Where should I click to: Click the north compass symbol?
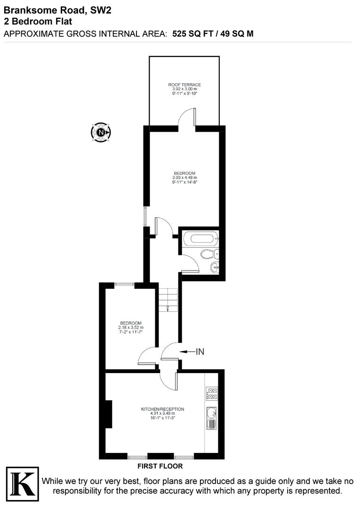pyautogui.click(x=101, y=133)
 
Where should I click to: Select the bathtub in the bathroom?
pyautogui.click(x=200, y=239)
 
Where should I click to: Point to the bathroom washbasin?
pyautogui.click(x=214, y=268)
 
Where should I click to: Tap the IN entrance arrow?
pyautogui.click(x=192, y=351)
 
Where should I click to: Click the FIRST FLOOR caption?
pyautogui.click(x=160, y=467)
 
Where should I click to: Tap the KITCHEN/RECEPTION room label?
pyautogui.click(x=163, y=409)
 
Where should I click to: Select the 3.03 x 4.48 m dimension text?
pyautogui.click(x=184, y=177)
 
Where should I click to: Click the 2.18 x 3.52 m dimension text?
pyautogui.click(x=131, y=327)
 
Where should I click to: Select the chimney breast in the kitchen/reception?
pyautogui.click(x=108, y=414)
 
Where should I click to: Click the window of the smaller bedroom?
pyautogui.click(x=125, y=284)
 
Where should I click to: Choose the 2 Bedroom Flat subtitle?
pyautogui.click(x=38, y=21)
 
